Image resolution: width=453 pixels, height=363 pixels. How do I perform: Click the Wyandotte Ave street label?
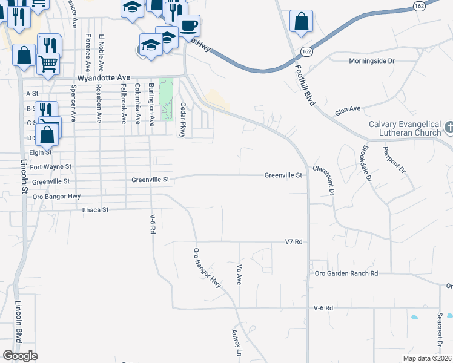tap(104, 79)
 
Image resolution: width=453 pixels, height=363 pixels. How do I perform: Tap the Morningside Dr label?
tap(372, 61)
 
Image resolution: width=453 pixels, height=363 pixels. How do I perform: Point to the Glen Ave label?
tap(348, 110)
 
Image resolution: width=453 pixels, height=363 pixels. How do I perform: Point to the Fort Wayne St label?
tap(51, 166)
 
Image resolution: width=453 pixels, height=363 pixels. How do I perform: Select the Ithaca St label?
tap(95, 210)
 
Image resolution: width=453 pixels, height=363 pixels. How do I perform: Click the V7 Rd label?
tap(293, 241)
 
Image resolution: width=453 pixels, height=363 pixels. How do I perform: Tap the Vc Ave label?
tap(240, 274)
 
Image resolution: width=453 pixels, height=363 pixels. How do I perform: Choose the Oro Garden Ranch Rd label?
tap(346, 273)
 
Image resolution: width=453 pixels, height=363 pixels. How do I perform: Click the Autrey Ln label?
tap(237, 344)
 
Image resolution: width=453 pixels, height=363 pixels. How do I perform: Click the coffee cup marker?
tap(188, 26)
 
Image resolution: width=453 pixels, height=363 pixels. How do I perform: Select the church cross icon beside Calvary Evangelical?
tap(449, 128)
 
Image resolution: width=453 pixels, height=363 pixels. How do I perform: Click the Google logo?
tap(20, 356)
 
